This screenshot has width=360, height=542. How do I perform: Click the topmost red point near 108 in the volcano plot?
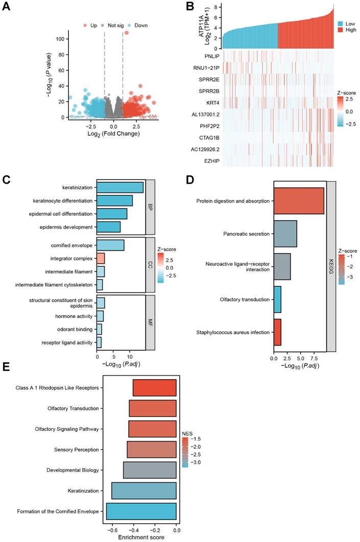coord(127,33)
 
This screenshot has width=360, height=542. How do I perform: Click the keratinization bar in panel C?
coord(120,187)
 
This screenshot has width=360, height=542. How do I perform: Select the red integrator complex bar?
coord(101,258)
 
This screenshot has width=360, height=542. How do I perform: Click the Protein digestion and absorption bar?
coord(299,201)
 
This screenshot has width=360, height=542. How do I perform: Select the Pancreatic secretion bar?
coord(285,234)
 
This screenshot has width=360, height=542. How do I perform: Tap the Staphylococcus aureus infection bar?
coord(278,332)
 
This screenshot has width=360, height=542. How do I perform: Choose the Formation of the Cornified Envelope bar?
coord(141,511)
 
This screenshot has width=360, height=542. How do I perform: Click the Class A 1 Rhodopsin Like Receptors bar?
coord(155,388)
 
